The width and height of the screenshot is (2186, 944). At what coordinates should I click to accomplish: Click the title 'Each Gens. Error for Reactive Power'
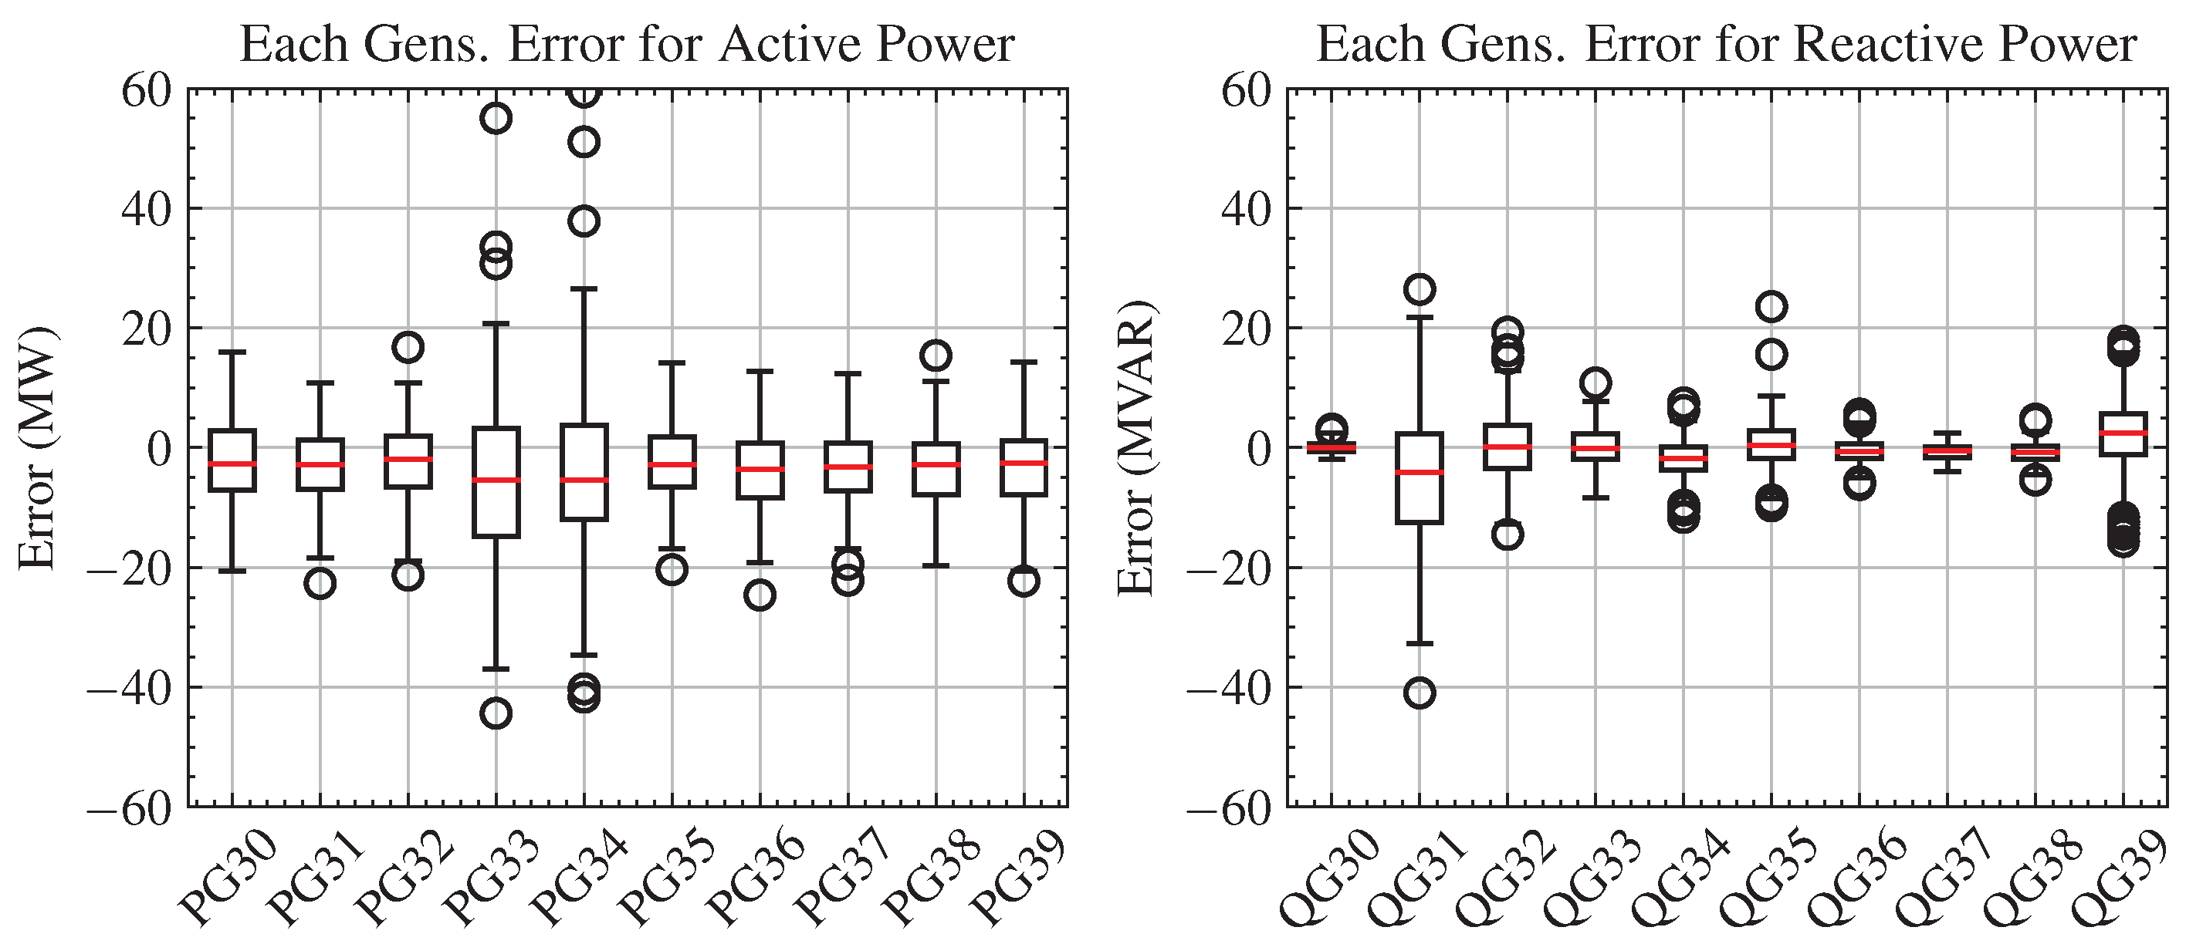(x=1725, y=44)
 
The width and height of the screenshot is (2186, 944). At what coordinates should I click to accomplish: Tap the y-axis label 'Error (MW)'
(x=36, y=447)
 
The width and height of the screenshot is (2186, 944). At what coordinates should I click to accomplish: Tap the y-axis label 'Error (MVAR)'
(x=1136, y=447)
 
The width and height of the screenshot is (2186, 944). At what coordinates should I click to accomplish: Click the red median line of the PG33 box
(x=496, y=480)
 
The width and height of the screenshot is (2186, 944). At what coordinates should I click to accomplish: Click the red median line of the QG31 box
(x=1420, y=471)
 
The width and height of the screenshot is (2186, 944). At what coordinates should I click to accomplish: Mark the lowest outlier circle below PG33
(x=496, y=713)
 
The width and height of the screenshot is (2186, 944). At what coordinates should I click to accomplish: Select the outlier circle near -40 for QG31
(x=1420, y=693)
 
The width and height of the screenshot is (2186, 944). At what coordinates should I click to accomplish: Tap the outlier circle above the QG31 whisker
(x=1420, y=289)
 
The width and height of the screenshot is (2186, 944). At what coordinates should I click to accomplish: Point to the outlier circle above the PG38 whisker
(x=936, y=356)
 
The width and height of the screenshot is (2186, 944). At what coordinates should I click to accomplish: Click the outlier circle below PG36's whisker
(x=760, y=595)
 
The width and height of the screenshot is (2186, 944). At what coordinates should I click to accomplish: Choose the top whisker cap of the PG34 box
(x=584, y=288)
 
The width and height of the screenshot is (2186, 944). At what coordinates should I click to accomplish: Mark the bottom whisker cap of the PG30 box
(x=232, y=571)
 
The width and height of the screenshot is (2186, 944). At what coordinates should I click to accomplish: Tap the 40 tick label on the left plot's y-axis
(x=146, y=209)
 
